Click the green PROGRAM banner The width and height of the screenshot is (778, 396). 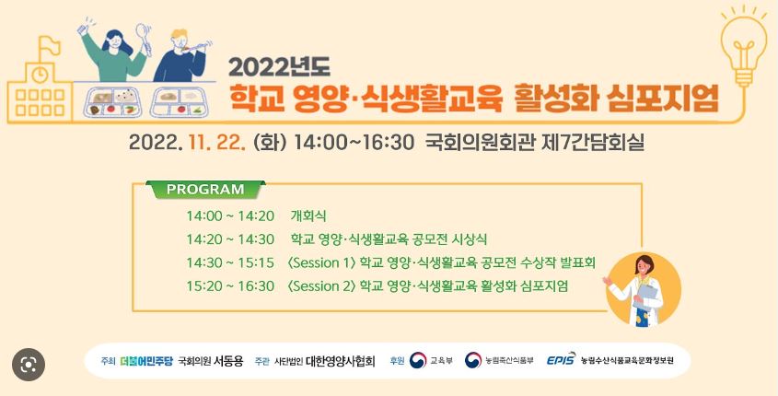coord(205,190)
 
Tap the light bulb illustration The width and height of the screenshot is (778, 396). coord(743,47)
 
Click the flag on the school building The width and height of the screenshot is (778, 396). coord(49,46)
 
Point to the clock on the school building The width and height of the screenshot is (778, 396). coord(40,74)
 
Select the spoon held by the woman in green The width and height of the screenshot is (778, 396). coord(144,38)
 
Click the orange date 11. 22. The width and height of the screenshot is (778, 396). coord(217,143)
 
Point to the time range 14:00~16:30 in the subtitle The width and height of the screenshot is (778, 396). coord(354,143)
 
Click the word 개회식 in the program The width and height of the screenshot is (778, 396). coord(308,215)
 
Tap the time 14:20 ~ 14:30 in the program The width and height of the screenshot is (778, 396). coord(230,239)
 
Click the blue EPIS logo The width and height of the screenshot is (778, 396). coord(561,360)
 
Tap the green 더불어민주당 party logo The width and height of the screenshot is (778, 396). coord(146,361)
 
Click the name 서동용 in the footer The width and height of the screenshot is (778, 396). coord(228,361)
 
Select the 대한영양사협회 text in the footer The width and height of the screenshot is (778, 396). coord(341,361)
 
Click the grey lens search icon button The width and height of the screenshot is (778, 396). coord(29,365)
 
